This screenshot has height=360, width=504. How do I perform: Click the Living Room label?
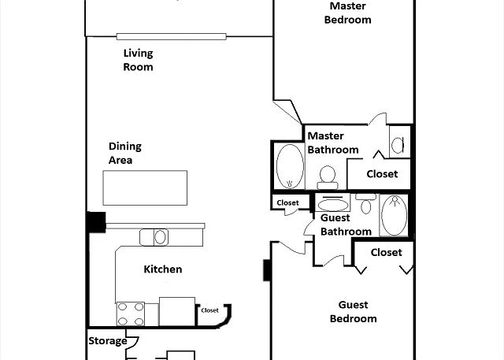coord(139,60)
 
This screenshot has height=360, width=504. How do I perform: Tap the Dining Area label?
coord(124,153)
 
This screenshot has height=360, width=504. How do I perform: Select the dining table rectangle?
coord(145,187)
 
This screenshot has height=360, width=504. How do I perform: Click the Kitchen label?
coord(163,269)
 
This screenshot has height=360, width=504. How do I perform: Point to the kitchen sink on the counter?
coord(154,237)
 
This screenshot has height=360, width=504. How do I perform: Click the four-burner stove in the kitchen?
coord(131,314)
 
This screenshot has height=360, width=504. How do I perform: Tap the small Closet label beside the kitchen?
coord(209,310)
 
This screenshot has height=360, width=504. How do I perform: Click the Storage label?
coord(108,341)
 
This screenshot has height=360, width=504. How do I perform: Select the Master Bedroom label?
coord(347,13)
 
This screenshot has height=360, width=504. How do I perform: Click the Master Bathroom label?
coord(333,143)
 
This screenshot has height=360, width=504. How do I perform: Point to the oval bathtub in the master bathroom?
coord(290,166)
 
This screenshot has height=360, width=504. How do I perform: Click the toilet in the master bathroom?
coord(328,177)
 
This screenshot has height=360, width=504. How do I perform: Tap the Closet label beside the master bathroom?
coord(382,174)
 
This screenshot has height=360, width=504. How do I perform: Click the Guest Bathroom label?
coord(346,225)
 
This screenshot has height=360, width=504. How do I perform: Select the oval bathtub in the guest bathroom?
coord(394,215)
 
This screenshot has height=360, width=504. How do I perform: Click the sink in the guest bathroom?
coord(333,203)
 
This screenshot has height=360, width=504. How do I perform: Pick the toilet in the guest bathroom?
coord(365,203)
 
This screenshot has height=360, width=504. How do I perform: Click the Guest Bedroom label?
coord(354,311)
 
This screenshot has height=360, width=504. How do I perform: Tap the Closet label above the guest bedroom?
coord(386,252)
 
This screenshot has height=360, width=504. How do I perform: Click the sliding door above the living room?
coord(172,36)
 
